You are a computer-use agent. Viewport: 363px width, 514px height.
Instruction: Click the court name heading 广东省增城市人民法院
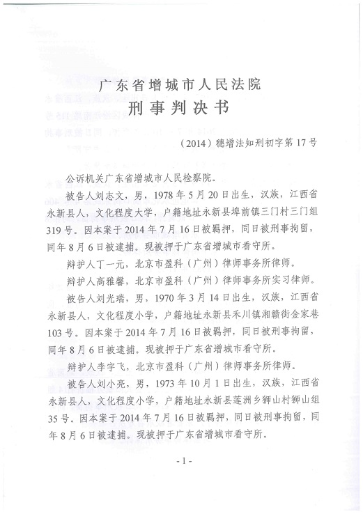pos(180,86)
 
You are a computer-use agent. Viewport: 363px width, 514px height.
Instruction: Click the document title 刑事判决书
pos(180,111)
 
